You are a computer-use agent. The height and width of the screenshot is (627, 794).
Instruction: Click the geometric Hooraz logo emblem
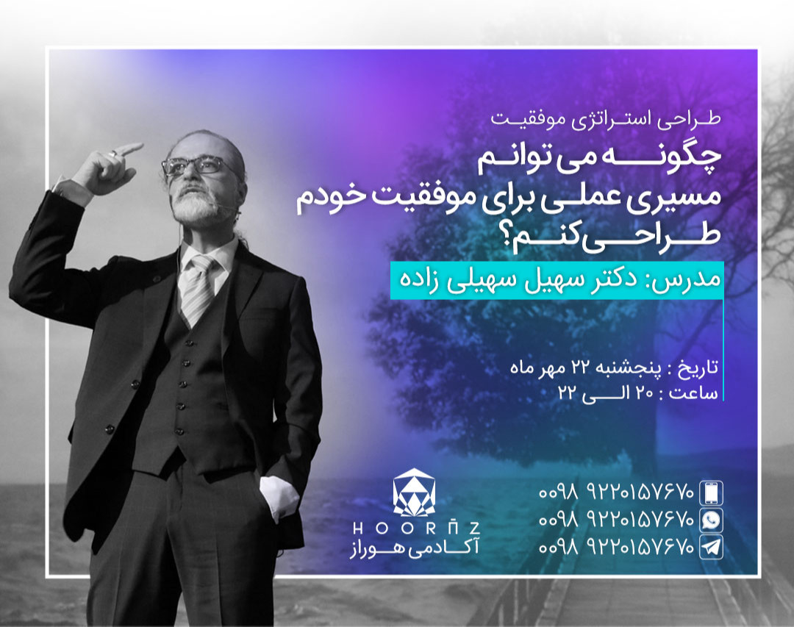415,492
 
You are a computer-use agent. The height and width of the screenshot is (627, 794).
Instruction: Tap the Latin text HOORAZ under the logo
415,529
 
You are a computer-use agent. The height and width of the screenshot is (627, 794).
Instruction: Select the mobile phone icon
710,491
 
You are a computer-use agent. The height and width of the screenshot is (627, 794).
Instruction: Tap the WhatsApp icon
710,519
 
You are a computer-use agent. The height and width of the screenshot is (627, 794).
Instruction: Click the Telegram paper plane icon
710,547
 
